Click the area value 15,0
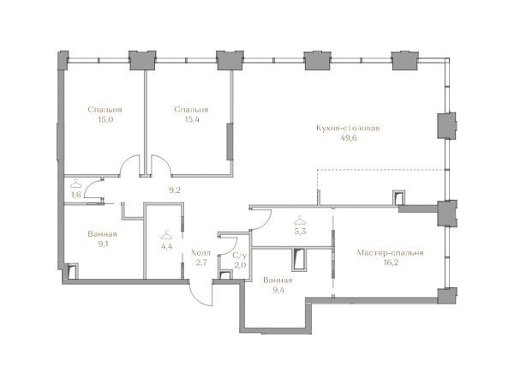click(105, 119)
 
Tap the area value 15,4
click(192, 119)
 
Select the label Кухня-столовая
click(348, 128)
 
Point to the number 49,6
click(349, 138)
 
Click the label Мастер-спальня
click(390, 253)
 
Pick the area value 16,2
click(391, 263)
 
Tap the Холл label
click(200, 253)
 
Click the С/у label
click(239, 256)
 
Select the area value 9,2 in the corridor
click(175, 190)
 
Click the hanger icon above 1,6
click(75, 183)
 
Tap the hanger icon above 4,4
click(166, 235)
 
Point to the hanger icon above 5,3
click(300, 220)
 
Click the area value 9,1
click(102, 244)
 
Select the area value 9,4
click(278, 291)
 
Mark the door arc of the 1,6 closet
click(88, 186)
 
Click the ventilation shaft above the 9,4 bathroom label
click(299, 260)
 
